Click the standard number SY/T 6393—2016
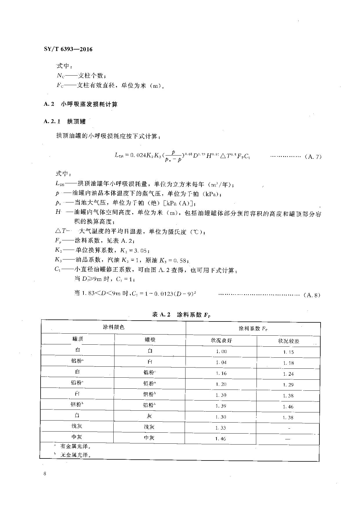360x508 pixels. pyautogui.click(x=68, y=49)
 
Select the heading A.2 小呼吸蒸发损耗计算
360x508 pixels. pyautogui.click(x=81, y=104)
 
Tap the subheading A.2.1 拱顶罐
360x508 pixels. pyautogui.click(x=65, y=122)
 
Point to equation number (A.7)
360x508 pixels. pyautogui.click(x=313, y=157)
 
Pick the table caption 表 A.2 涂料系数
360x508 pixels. pyautogui.click(x=181, y=315)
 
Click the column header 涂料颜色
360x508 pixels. pyautogui.click(x=114, y=327)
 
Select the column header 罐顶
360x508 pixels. pyautogui.click(x=78, y=339)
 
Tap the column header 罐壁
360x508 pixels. pyautogui.click(x=150, y=339)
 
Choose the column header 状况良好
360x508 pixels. pyautogui.click(x=221, y=340)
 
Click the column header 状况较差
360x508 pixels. pyautogui.click(x=288, y=341)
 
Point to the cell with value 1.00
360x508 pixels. pyautogui.click(x=221, y=351)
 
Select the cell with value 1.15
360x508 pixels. pyautogui.click(x=288, y=352)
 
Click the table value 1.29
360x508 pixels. pyautogui.click(x=288, y=385)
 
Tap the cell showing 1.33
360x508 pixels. pyautogui.click(x=221, y=428)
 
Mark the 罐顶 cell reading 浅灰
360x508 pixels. pyautogui.click(x=77, y=426)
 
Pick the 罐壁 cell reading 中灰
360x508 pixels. pyautogui.click(x=149, y=438)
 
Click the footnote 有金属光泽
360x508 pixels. pyautogui.click(x=74, y=446)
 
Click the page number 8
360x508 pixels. pyautogui.click(x=45, y=474)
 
